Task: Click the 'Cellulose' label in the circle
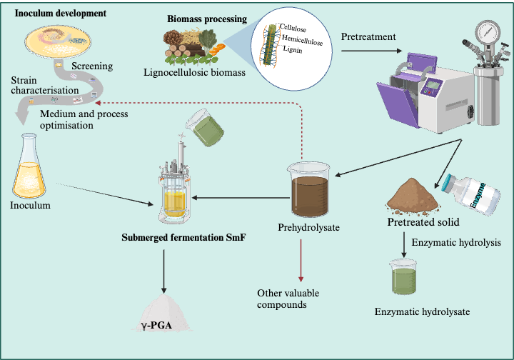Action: point(292,27)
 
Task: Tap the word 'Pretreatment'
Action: point(369,36)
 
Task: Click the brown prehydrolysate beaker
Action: point(309,191)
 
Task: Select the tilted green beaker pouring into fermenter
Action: point(203,131)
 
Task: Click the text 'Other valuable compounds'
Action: point(288,299)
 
